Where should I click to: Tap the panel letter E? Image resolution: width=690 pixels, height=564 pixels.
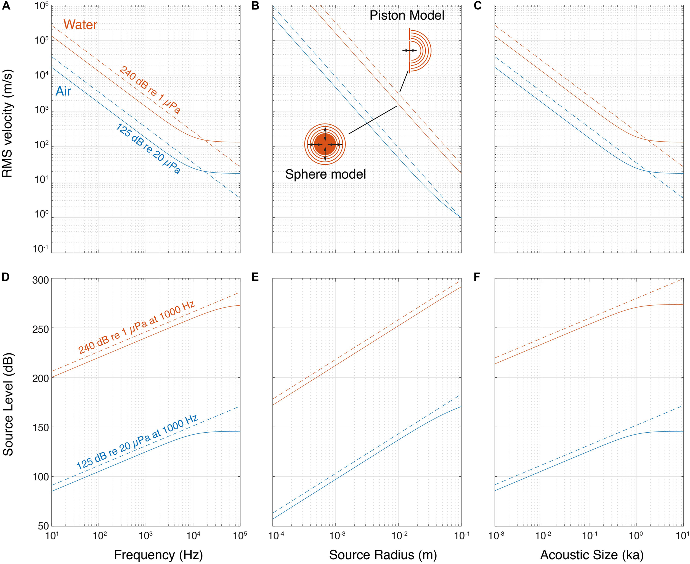(x=255, y=277)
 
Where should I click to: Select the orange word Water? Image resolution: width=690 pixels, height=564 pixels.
(x=80, y=25)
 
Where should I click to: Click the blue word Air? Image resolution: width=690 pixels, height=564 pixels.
(x=63, y=91)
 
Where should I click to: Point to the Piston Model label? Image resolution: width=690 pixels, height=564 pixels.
(x=407, y=15)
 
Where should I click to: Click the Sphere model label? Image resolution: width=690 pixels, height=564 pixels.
(x=325, y=174)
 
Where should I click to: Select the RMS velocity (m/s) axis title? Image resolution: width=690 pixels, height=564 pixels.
(x=7, y=123)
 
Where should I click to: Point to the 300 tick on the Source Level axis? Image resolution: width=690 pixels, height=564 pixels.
(x=40, y=280)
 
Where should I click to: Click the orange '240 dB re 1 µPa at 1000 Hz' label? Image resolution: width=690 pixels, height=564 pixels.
(x=136, y=327)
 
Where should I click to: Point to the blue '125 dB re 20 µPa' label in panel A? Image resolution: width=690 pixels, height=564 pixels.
(x=148, y=149)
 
